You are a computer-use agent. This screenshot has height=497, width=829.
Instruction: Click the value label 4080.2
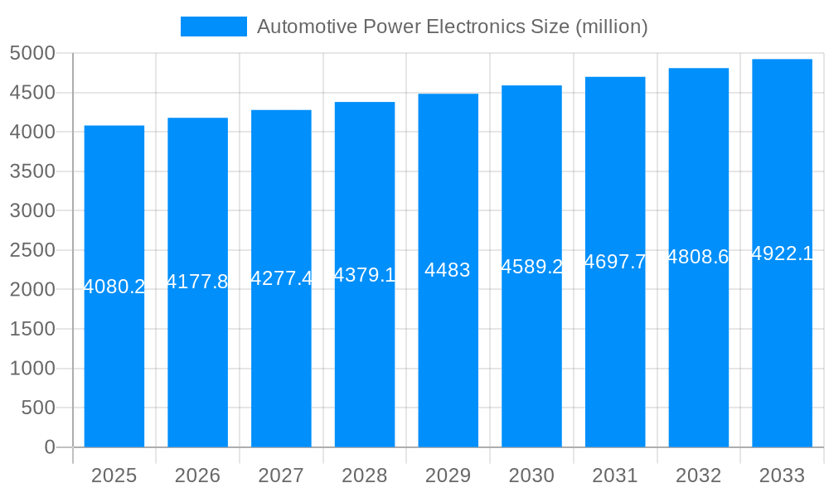pyautogui.click(x=114, y=287)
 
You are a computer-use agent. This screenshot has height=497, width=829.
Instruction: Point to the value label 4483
pyautogui.click(x=448, y=270)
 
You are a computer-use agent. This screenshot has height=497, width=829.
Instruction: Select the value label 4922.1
pyautogui.click(x=782, y=253)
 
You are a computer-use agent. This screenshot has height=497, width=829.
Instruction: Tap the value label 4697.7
pyautogui.click(x=615, y=262)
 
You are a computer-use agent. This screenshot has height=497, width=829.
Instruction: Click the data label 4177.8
pyautogui.click(x=197, y=282)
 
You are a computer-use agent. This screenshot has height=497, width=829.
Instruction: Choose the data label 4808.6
pyautogui.click(x=698, y=257)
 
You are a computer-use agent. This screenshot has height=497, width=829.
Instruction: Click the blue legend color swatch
pyautogui.click(x=214, y=27)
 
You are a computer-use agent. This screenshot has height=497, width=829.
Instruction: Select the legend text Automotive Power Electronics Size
pyautogui.click(x=452, y=27)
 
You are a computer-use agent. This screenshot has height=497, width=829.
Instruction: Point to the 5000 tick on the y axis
pyautogui.click(x=32, y=53)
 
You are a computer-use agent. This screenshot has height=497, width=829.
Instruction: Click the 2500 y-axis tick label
pyautogui.click(x=32, y=250)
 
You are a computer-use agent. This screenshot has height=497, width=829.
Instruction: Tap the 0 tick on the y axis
pyautogui.click(x=49, y=447)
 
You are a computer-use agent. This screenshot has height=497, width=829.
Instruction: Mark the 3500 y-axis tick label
pyautogui.click(x=32, y=171)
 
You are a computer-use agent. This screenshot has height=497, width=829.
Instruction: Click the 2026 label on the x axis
pyautogui.click(x=197, y=475)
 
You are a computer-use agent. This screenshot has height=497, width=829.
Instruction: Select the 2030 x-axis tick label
pyautogui.click(x=531, y=475)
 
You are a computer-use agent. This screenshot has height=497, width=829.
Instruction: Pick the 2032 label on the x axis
pyautogui.click(x=698, y=475)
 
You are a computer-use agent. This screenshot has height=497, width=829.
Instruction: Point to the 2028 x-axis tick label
pyautogui.click(x=364, y=475)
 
